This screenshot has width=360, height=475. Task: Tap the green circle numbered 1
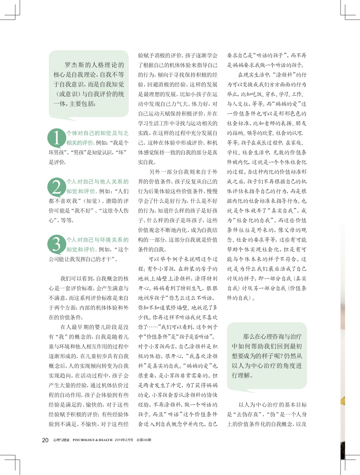coord(57,137)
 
